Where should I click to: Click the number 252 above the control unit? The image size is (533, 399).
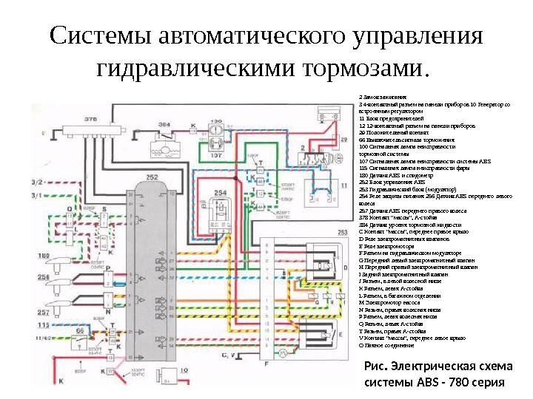tap(152, 177)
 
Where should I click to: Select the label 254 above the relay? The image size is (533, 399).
tap(219, 193)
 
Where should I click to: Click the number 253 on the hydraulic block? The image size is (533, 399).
tap(342, 232)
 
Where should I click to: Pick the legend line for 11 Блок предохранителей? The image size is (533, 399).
tap(392, 118)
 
